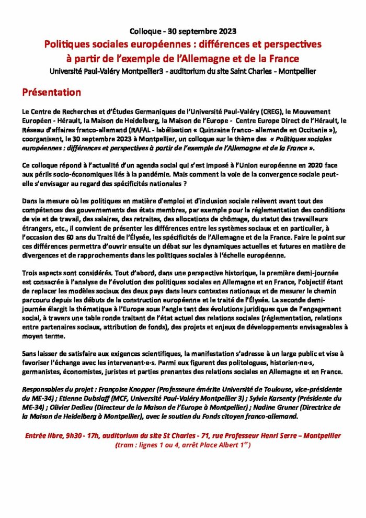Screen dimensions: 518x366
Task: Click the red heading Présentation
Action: pyautogui.click(x=51, y=93)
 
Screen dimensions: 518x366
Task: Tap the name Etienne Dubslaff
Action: pyautogui.click(x=72, y=398)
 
